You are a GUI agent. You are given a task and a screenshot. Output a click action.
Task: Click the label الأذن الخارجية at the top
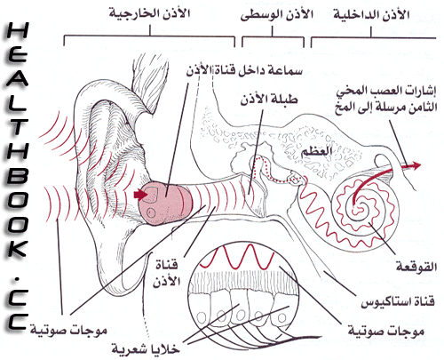coord(149,13)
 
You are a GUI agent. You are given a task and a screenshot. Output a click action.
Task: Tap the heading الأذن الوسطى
coord(277,15)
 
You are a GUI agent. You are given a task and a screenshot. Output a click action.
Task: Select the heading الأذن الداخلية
coord(372,15)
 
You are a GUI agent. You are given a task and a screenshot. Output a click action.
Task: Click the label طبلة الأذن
coord(269,100)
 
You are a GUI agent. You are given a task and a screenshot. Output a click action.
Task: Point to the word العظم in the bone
coord(316,152)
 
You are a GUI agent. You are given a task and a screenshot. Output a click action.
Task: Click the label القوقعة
coord(416,267)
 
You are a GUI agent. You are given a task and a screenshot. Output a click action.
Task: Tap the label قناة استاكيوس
coord(398,302)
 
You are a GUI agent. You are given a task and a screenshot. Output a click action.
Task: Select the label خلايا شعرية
coord(146,348)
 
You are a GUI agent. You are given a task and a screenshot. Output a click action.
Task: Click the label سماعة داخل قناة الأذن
coord(244,71)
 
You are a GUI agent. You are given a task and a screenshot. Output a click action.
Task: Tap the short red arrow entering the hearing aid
coord(140,195)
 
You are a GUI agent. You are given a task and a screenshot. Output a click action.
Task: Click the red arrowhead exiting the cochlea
coord(416,165)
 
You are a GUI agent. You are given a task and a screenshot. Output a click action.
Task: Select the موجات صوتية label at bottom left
coord(68,330)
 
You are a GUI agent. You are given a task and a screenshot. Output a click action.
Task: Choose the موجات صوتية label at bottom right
coord(386,331)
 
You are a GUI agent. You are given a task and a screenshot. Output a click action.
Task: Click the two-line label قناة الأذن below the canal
coord(167,273)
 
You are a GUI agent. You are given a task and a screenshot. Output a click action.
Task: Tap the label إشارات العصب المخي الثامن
coord(386,100)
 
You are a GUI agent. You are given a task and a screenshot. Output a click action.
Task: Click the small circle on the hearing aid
coord(151,212)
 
